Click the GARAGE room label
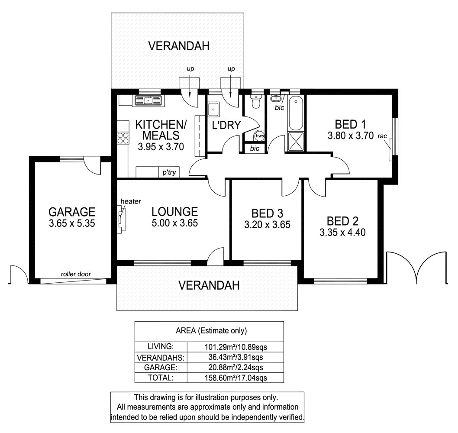[x=71, y=212]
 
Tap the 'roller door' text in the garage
[x=76, y=274]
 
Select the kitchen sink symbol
[x=148, y=100]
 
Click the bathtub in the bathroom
[x=296, y=114]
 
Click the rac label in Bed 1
[x=382, y=136]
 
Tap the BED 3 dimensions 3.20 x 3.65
[x=268, y=225]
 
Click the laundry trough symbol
[x=213, y=110]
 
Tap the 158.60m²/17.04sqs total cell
[x=235, y=378]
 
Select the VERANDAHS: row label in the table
[x=161, y=358]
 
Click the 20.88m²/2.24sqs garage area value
[x=235, y=368]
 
